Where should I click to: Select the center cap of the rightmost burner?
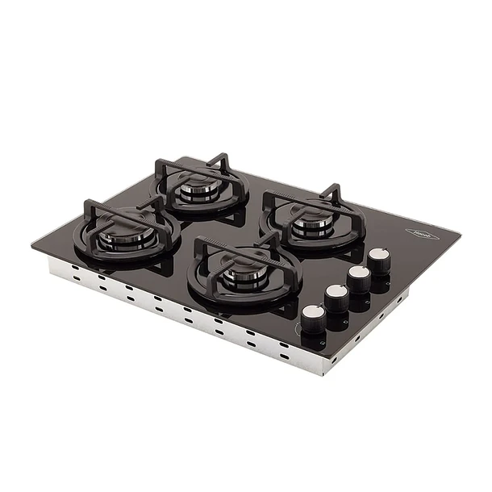click(311, 223)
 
